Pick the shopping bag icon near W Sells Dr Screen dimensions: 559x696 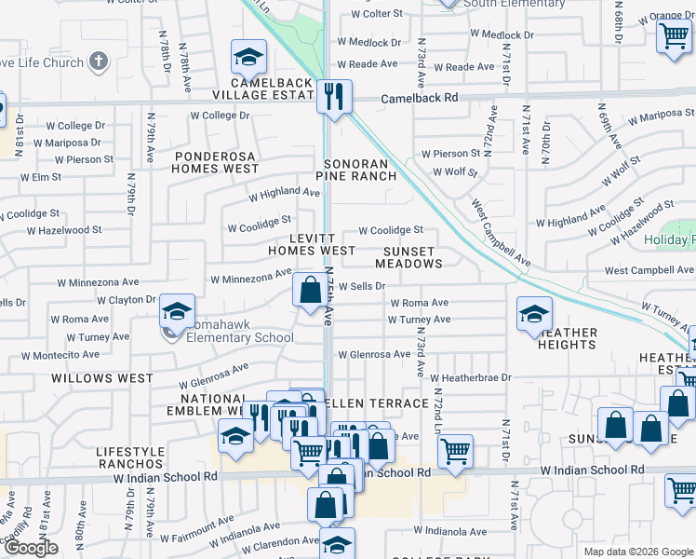tap(309, 290)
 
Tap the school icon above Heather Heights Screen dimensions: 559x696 tap(534, 314)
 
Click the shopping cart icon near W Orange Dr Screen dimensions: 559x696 tap(673, 36)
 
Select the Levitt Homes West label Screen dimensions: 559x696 tap(311, 244)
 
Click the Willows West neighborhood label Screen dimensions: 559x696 tap(102, 378)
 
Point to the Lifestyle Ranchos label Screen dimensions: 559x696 tap(130, 457)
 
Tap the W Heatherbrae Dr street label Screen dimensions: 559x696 tap(471, 377)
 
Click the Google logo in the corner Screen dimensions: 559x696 tap(31, 548)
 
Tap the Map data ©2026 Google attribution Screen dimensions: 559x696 tap(637, 552)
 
